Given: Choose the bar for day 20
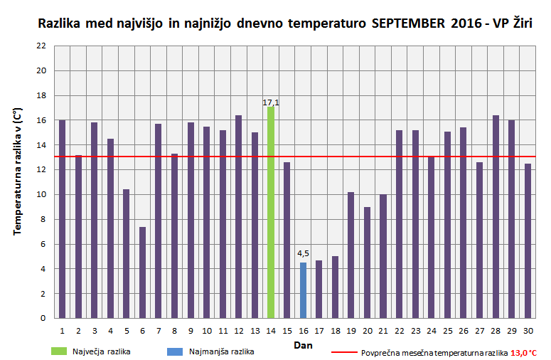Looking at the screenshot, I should [x=367, y=263].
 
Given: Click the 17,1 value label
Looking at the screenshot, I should [x=271, y=102].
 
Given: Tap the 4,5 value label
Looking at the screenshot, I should [x=303, y=253].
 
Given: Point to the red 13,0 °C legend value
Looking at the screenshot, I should [x=523, y=352].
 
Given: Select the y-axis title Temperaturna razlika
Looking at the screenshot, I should [x=16, y=171].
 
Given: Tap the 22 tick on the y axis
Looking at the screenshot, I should [x=41, y=46].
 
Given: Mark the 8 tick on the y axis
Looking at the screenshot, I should [x=43, y=219].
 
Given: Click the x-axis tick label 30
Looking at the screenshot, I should [x=528, y=331].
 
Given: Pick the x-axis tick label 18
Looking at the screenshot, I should [x=335, y=331].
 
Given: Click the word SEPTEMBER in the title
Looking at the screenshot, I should [x=409, y=23].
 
